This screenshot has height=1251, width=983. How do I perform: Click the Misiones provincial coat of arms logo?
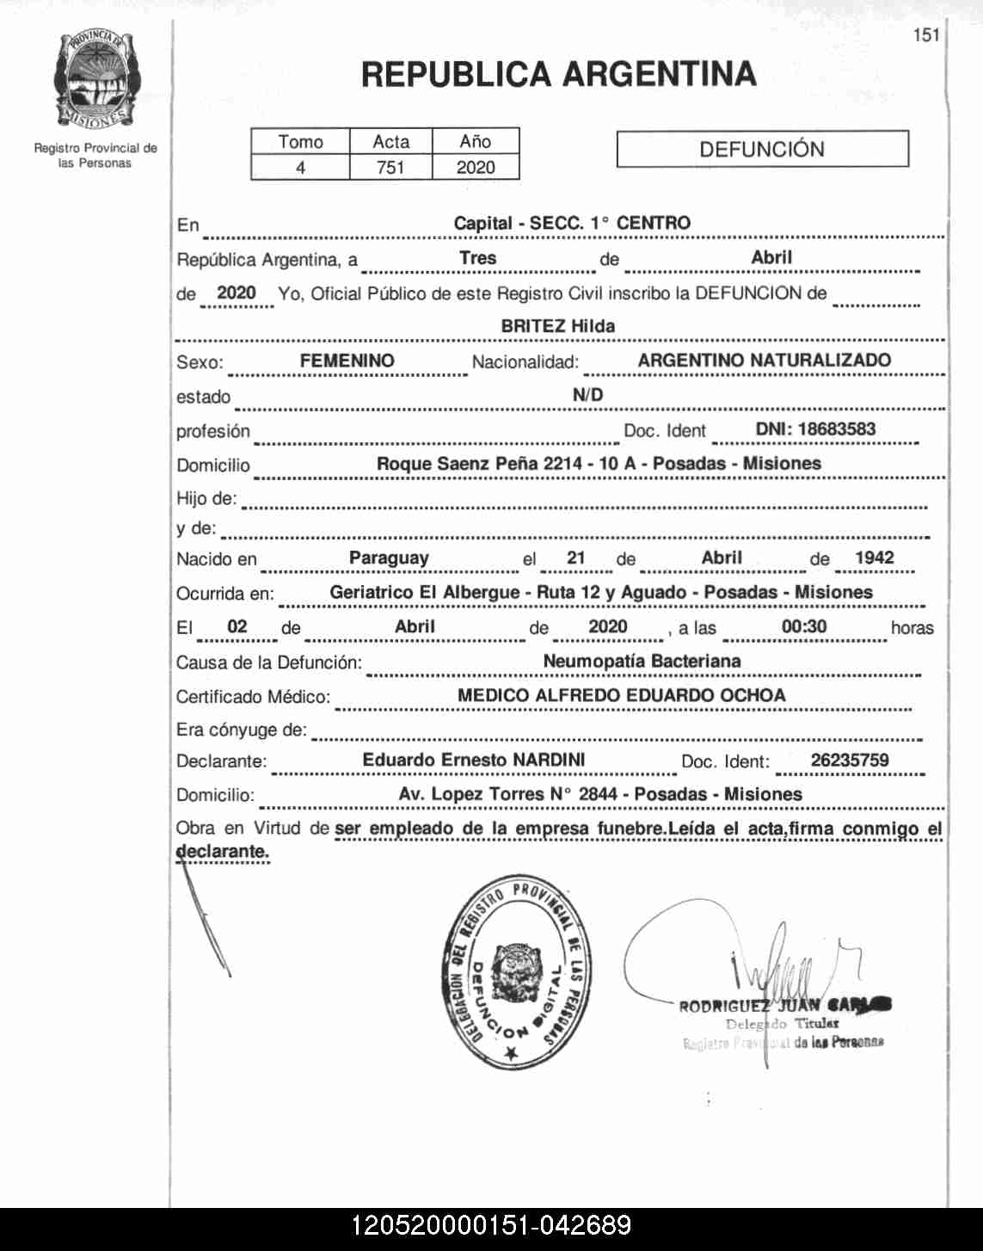(94, 79)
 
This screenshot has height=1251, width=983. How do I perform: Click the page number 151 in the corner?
(926, 35)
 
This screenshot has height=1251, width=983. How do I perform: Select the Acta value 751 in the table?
(390, 167)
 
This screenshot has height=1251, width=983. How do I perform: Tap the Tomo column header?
(300, 142)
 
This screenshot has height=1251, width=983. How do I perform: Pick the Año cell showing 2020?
(476, 167)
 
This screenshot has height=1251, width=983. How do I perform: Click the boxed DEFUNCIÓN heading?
(762, 149)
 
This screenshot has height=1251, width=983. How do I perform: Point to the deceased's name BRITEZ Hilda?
(557, 326)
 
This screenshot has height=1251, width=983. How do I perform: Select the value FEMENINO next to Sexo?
(347, 361)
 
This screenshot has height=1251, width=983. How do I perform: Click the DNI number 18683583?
(814, 429)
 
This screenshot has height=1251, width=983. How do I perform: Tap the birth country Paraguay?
(389, 558)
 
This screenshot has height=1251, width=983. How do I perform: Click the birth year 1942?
(874, 558)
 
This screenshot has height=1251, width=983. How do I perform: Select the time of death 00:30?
(803, 626)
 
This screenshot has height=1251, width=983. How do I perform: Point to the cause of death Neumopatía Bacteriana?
(642, 661)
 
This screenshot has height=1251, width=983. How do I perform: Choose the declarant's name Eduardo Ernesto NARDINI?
(473, 760)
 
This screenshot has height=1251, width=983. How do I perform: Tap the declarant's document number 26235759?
(849, 760)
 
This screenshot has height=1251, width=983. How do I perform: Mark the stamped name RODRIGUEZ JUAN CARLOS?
(784, 1005)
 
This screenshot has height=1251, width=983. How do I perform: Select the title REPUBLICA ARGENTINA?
(558, 75)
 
